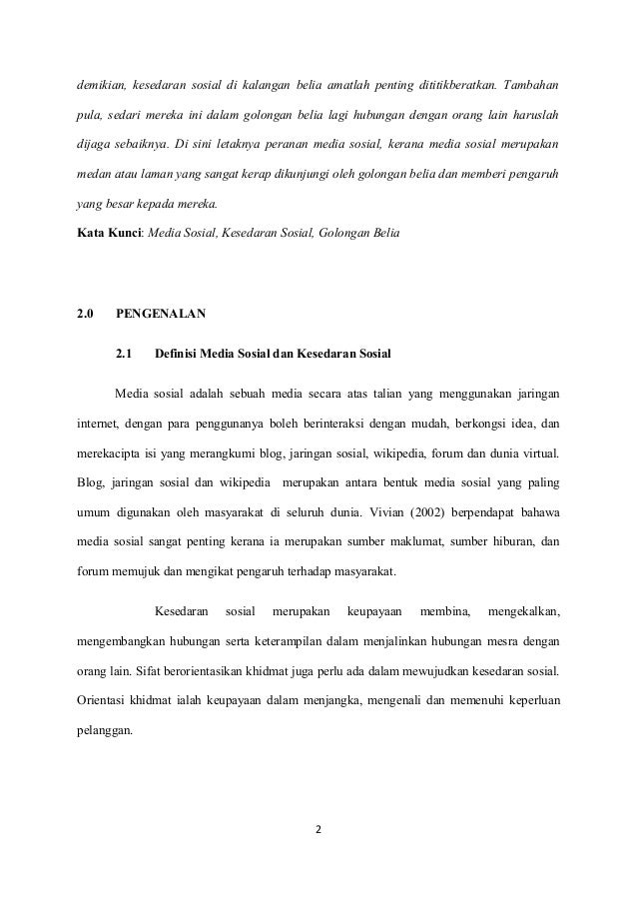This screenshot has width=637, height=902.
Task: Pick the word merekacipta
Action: [x=113, y=456]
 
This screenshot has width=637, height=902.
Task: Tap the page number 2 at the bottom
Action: [x=318, y=828]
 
